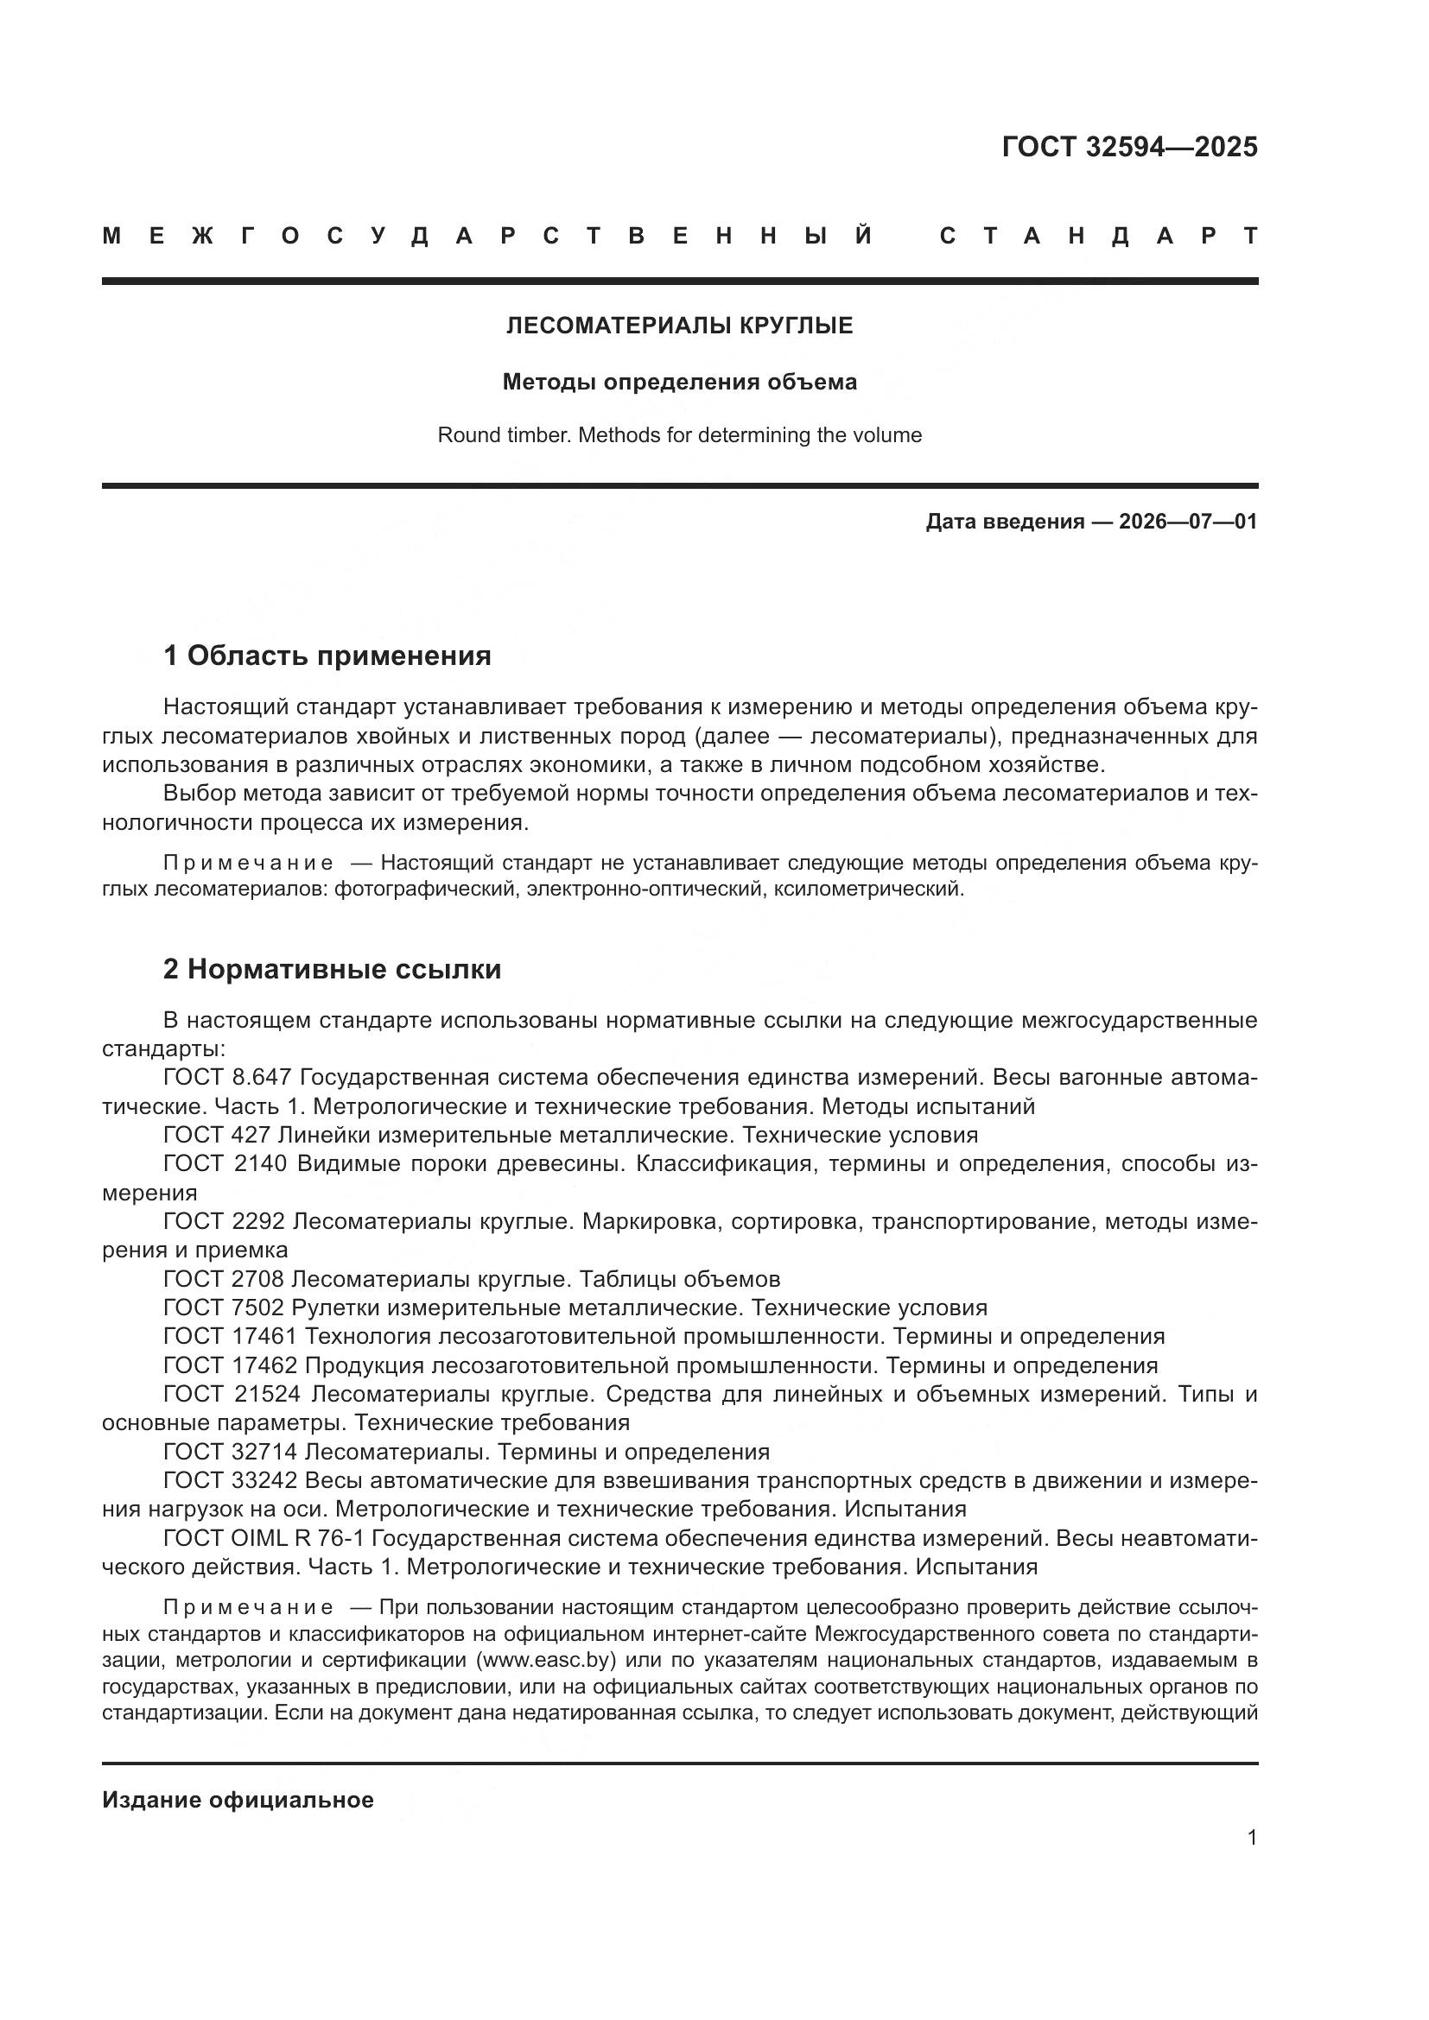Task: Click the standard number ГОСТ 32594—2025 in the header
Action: point(1129,147)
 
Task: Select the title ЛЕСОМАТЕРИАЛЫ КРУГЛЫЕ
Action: point(679,326)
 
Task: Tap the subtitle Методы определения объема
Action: point(679,382)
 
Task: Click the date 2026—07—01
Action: point(1187,522)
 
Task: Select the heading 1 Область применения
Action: point(327,655)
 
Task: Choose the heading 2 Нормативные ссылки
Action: point(332,970)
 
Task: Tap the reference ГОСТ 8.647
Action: point(225,1078)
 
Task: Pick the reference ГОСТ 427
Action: point(217,1135)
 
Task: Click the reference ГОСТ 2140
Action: point(225,1164)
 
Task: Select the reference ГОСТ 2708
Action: point(224,1279)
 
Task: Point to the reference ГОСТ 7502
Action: point(224,1308)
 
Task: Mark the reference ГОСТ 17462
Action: point(230,1365)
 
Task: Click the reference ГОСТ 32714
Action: point(230,1452)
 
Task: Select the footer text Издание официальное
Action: point(238,1800)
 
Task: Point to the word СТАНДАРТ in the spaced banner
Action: point(1099,236)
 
